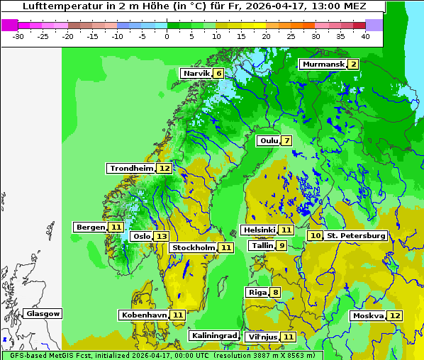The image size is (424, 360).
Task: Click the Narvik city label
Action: point(196,73)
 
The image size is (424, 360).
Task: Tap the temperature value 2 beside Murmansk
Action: point(353,64)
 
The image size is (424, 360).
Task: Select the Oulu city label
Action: point(268,140)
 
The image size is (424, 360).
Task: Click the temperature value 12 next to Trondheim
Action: point(164,169)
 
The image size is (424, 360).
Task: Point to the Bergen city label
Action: point(90,227)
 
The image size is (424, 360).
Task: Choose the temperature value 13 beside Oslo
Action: point(162,237)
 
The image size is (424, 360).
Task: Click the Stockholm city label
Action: point(193,247)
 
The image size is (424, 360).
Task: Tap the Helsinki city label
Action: point(259,230)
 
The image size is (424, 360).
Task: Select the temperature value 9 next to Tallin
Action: point(281,245)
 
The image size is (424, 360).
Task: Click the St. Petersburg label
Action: point(356,235)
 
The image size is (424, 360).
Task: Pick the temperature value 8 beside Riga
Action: point(275,293)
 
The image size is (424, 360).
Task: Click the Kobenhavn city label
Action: point(144,315)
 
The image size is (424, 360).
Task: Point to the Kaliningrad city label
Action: point(213,336)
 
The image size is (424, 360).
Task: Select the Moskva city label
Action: point(368,315)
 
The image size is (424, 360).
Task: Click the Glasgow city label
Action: point(43,313)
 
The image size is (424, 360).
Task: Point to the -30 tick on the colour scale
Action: point(18,36)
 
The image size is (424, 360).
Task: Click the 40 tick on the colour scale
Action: point(364,36)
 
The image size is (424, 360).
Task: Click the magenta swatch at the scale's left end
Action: point(9,24)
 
